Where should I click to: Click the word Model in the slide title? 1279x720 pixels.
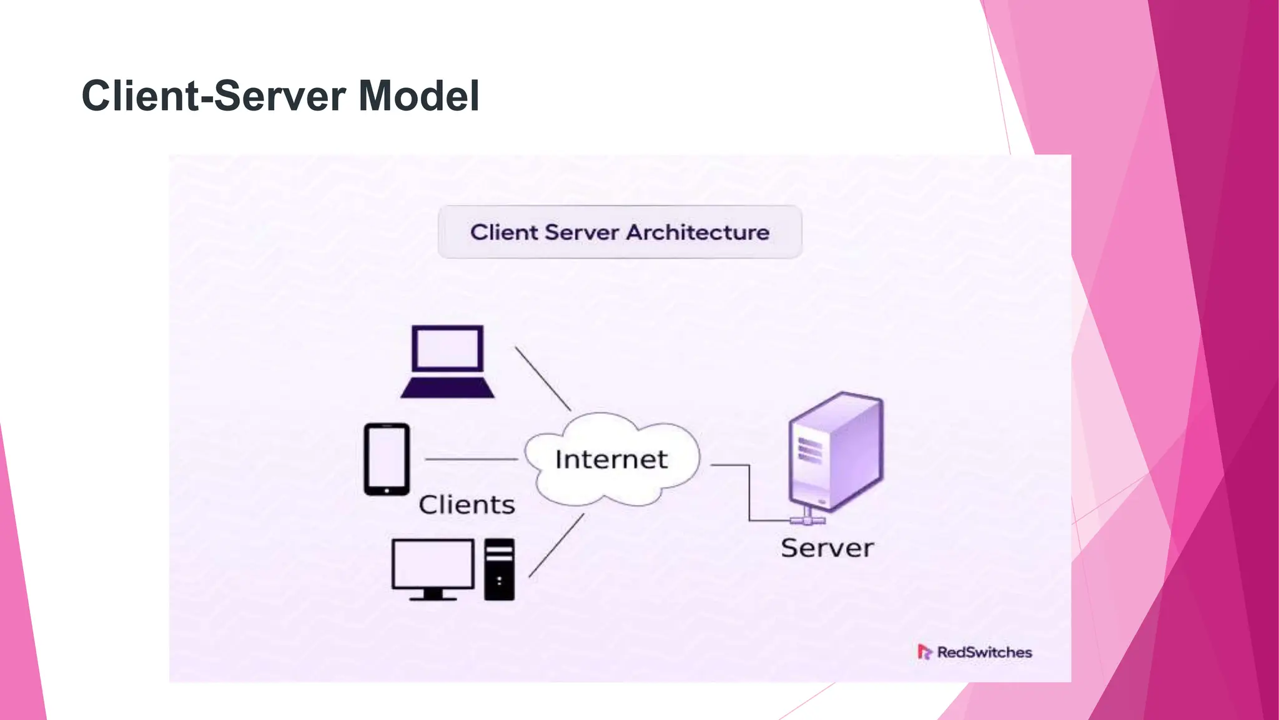click(x=418, y=96)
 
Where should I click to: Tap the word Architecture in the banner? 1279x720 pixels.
click(x=698, y=232)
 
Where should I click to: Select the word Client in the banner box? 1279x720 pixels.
click(x=504, y=232)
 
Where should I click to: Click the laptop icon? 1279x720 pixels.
click(x=447, y=361)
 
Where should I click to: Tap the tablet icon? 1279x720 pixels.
click(x=387, y=459)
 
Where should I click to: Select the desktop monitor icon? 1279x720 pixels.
click(x=433, y=568)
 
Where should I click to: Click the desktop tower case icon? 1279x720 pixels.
click(x=500, y=569)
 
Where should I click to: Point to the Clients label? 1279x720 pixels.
click(x=467, y=505)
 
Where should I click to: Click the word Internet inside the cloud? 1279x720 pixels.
click(x=611, y=460)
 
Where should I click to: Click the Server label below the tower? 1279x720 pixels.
click(x=827, y=548)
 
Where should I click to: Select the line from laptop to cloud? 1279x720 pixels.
click(x=542, y=378)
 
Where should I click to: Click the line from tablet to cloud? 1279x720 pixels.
click(x=472, y=459)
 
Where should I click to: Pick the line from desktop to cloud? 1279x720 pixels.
click(x=556, y=546)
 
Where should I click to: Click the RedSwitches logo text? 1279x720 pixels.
click(x=984, y=652)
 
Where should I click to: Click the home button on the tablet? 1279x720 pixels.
click(x=387, y=491)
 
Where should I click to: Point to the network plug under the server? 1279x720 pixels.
click(x=807, y=518)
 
